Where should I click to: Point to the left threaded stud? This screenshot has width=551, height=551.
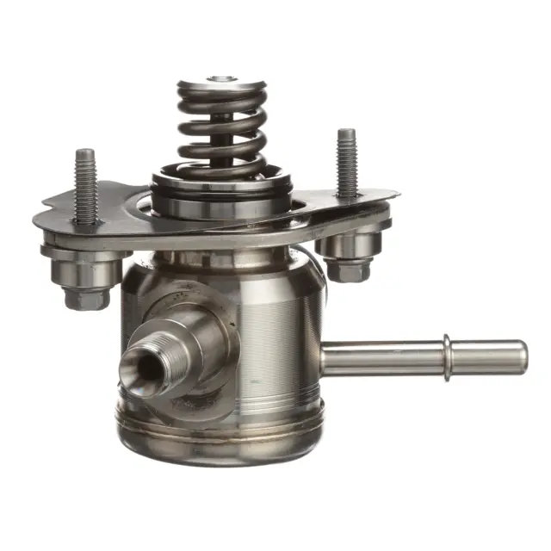pos(85,185)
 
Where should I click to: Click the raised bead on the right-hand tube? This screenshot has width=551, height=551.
pos(448,356)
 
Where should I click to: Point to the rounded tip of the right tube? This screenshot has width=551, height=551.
pos(519,357)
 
